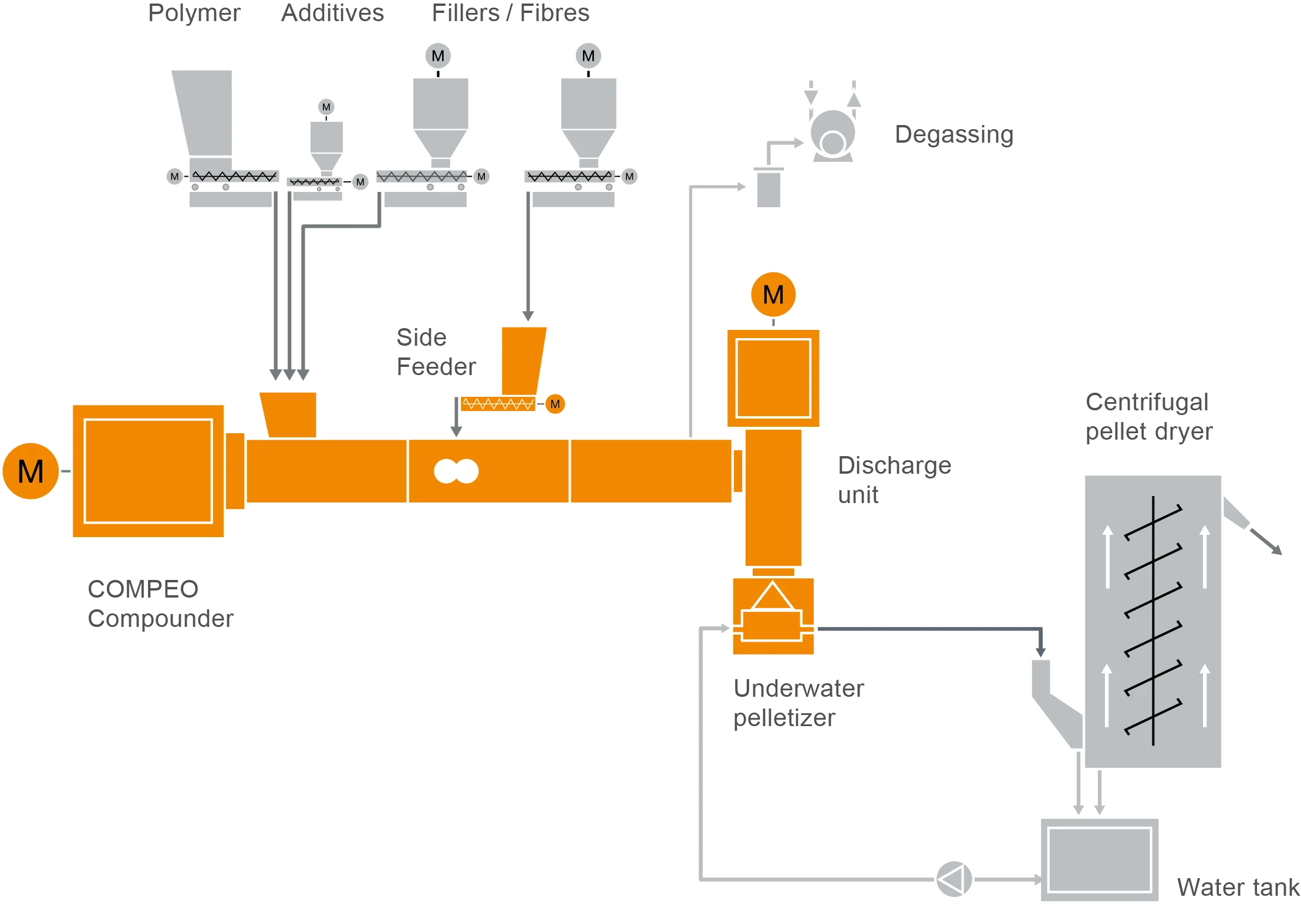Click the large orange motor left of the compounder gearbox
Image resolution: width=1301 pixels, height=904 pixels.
[x=31, y=471]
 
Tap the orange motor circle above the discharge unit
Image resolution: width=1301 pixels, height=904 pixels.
[x=773, y=294]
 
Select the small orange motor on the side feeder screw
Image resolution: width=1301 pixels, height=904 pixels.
[x=555, y=404]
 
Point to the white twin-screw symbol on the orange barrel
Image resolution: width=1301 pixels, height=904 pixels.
[x=456, y=471]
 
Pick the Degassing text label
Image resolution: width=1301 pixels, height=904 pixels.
[x=953, y=135]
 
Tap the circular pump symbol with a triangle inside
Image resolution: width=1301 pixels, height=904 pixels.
[x=953, y=878]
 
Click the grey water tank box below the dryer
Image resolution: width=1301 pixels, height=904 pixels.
[x=1099, y=859]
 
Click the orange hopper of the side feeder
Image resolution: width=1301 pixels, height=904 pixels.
[x=522, y=359]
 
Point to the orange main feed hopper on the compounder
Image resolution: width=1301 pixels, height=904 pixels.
[x=289, y=413]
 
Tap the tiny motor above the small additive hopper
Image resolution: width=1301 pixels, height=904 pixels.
[x=326, y=107]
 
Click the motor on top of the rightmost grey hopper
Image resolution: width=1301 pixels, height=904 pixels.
[x=588, y=56]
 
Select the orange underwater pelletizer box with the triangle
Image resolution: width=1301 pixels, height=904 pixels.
[x=773, y=616]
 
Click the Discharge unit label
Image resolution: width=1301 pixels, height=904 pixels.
[x=894, y=480]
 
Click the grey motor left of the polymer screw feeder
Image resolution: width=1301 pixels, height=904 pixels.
[x=174, y=176]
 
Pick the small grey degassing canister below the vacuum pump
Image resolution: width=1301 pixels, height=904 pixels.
[x=769, y=188]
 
